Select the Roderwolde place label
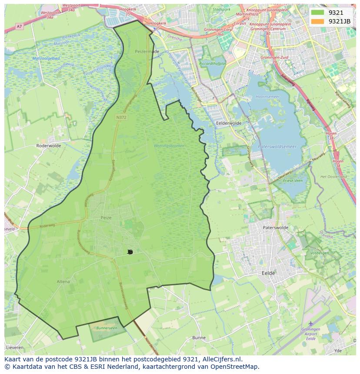click(x=49, y=146)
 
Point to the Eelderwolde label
click(x=229, y=123)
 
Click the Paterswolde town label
click(x=276, y=227)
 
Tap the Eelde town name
click(x=268, y=273)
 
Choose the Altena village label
click(x=63, y=281)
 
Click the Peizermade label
click(x=147, y=51)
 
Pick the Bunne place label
click(x=199, y=338)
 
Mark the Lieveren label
click(x=15, y=348)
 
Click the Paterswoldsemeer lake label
click(x=277, y=147)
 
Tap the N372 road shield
click(x=121, y=117)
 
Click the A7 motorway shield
click(x=19, y=26)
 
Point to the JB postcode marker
click(x=130, y=252)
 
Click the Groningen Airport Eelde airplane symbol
click(x=310, y=324)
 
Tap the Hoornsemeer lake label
click(x=267, y=96)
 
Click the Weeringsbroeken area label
click(x=169, y=146)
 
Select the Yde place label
click(x=338, y=350)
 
